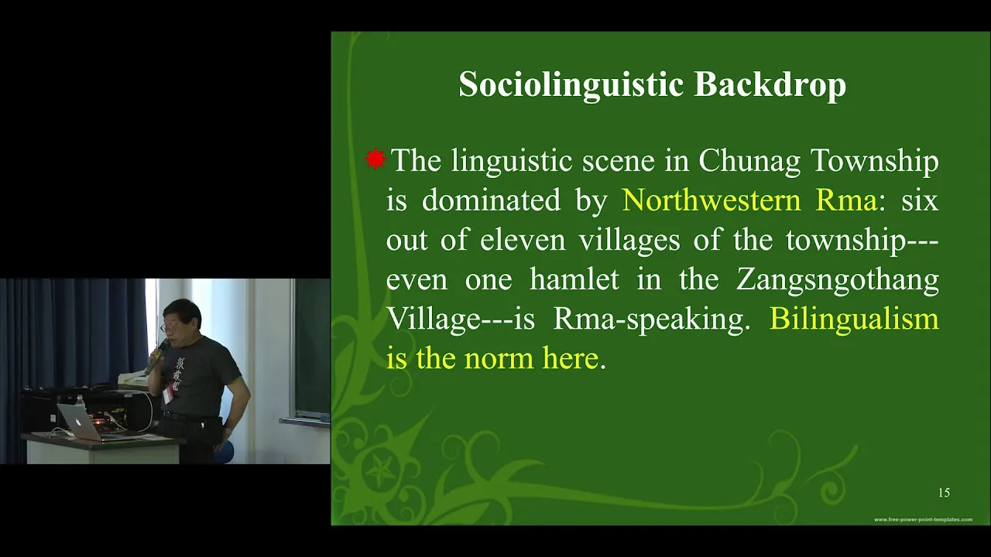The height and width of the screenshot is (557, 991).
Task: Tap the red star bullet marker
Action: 375,159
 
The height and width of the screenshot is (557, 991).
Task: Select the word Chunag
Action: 749,162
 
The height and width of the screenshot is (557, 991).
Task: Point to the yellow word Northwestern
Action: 711,200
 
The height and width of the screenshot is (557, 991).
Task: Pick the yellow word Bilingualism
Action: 854,318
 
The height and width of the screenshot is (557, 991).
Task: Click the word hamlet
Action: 574,279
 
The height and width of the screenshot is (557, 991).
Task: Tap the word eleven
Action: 523,240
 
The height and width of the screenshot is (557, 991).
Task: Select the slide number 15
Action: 944,493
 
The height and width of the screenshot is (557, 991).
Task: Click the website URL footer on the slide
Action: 923,519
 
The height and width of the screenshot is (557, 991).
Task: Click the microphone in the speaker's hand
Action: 155,357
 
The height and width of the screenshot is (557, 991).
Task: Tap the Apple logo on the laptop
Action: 79,422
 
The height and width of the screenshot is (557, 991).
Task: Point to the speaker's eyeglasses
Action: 170,327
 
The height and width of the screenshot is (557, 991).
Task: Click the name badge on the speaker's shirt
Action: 168,395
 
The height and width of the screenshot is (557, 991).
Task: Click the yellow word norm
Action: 500,358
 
